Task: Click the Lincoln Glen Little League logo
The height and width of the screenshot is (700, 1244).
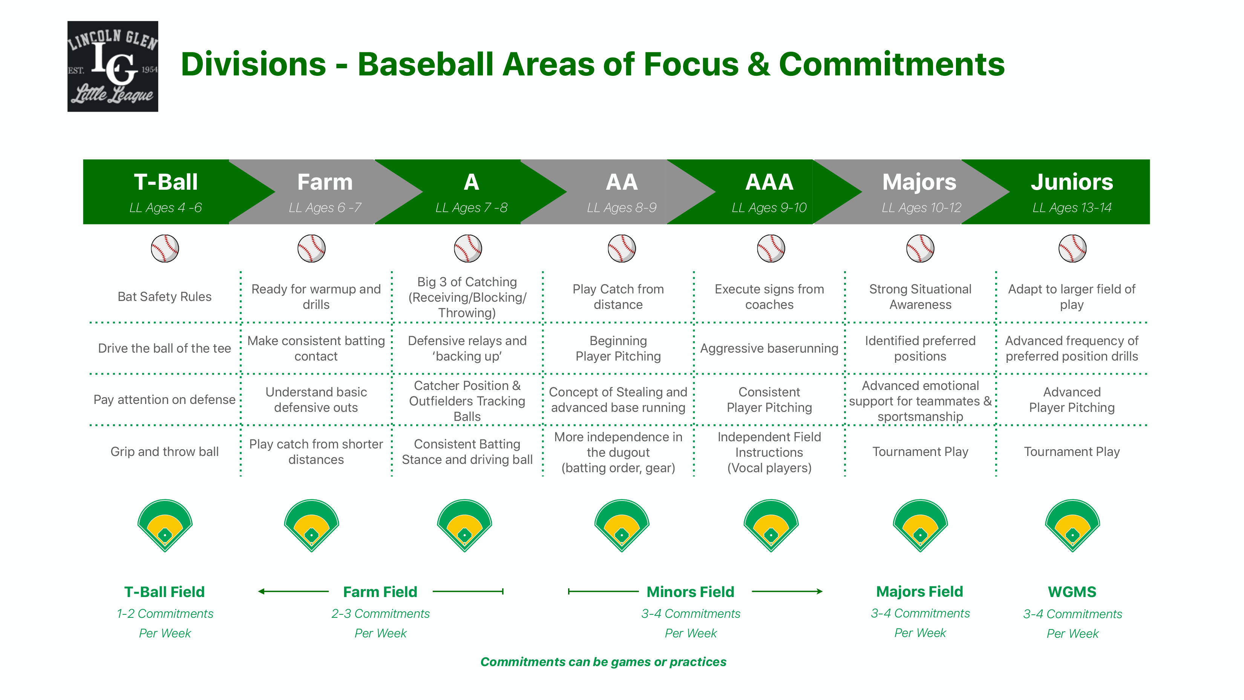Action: pyautogui.click(x=112, y=66)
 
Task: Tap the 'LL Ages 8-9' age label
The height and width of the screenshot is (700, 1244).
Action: pyautogui.click(x=622, y=208)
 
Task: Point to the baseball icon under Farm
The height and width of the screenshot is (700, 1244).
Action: pyautogui.click(x=311, y=248)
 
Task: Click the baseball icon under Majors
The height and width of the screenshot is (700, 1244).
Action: pyautogui.click(x=920, y=248)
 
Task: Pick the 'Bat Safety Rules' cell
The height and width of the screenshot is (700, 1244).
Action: pyautogui.click(x=165, y=296)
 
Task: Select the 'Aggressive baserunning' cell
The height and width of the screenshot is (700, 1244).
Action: pyautogui.click(x=769, y=348)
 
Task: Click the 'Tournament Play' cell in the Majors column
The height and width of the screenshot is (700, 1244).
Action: pyautogui.click(x=920, y=452)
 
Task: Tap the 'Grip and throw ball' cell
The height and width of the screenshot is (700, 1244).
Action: pyautogui.click(x=165, y=452)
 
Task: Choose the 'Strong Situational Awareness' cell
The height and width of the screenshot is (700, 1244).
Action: pyautogui.click(x=920, y=296)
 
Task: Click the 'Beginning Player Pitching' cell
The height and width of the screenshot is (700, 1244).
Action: pyautogui.click(x=618, y=348)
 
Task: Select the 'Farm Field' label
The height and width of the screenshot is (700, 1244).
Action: pyautogui.click(x=380, y=592)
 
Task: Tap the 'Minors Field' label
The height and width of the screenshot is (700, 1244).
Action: pyautogui.click(x=691, y=592)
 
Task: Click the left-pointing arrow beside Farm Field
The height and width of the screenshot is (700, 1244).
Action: pyautogui.click(x=293, y=591)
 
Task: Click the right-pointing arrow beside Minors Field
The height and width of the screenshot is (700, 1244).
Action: pyautogui.click(x=787, y=591)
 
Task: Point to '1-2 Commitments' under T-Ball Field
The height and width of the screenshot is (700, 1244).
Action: pyautogui.click(x=165, y=614)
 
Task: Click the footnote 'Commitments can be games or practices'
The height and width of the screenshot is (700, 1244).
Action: pyautogui.click(x=603, y=662)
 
